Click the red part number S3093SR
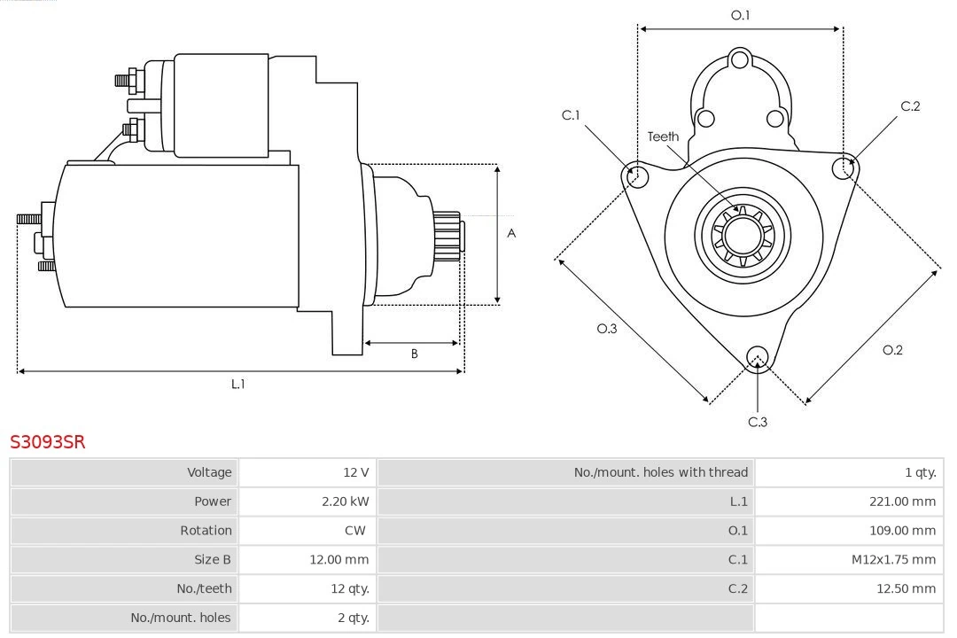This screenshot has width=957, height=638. [x=48, y=441]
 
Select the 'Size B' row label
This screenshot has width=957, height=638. [x=213, y=560]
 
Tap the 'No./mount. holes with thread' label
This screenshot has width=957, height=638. [x=660, y=472]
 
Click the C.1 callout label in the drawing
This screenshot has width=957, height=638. [x=571, y=115]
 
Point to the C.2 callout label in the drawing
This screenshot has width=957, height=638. [x=910, y=106]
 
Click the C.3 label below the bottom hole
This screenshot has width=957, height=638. [x=758, y=422]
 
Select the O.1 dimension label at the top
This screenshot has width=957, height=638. [x=740, y=15]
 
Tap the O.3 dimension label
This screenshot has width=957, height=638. [x=607, y=329]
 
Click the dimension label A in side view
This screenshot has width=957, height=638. [x=511, y=234]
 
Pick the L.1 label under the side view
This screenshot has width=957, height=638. [x=237, y=384]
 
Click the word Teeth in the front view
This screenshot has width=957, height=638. [x=663, y=136]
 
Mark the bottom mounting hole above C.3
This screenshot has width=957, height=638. [x=757, y=357]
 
